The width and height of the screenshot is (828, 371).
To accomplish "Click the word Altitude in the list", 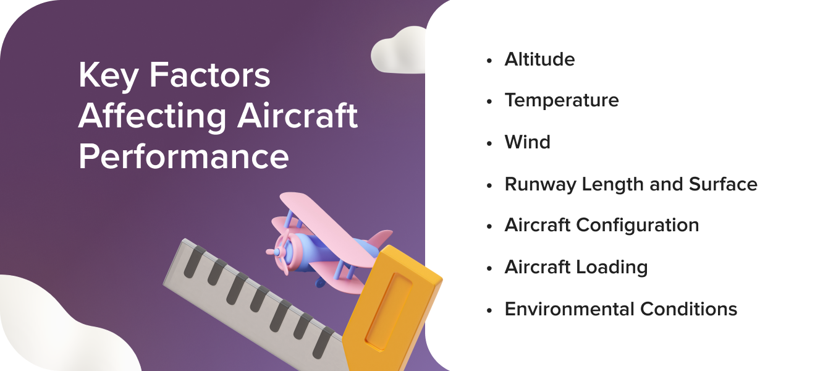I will tap(539, 59).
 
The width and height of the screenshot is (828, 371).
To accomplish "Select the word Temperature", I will tap(562, 101).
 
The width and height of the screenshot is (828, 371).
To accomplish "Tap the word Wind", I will tap(527, 142).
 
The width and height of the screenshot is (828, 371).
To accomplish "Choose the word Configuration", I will tap(638, 225).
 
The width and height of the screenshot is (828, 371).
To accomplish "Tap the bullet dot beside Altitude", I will tap(490, 60).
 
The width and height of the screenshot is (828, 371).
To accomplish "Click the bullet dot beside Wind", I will tap(490, 143).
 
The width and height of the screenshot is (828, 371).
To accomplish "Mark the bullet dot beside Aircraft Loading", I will tap(490, 268).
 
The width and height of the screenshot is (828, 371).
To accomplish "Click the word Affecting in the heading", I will tap(148, 116).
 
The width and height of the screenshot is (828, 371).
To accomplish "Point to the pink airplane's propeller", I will tap(276, 252).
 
